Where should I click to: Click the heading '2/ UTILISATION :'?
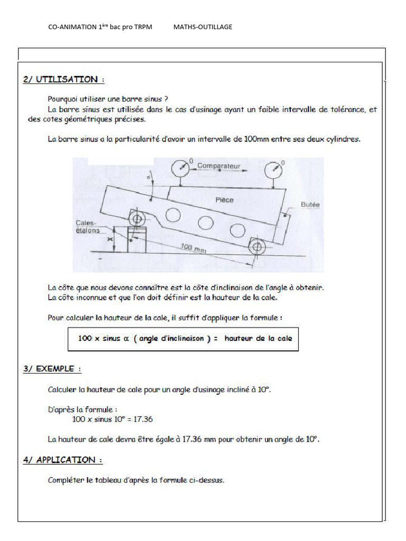[63, 80]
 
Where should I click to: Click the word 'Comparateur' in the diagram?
[218, 166]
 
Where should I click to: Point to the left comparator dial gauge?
[180, 169]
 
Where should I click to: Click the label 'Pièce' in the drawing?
[224, 200]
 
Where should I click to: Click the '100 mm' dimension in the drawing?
[193, 248]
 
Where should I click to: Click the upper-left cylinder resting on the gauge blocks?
[136, 219]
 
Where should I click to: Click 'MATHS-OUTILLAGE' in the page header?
[202, 27]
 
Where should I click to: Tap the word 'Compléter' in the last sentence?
[66, 480]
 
